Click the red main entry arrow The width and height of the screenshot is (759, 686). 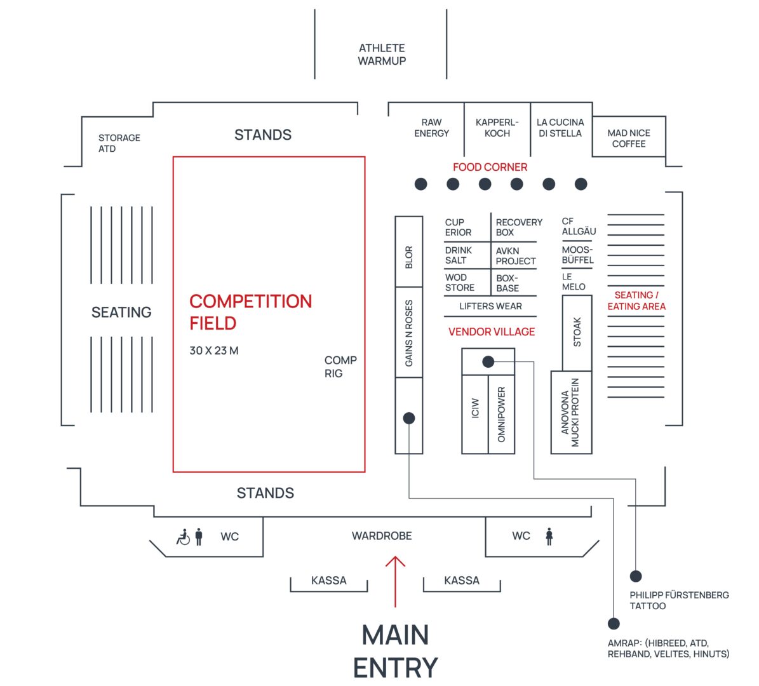click(395, 581)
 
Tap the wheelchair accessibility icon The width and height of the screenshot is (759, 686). click(183, 537)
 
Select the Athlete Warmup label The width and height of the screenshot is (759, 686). click(382, 55)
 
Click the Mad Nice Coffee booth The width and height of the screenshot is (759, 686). click(628, 138)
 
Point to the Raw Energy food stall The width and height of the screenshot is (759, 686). click(431, 128)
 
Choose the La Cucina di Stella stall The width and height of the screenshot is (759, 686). click(560, 128)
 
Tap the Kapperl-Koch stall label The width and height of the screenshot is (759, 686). click(497, 128)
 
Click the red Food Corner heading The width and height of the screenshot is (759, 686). click(490, 167)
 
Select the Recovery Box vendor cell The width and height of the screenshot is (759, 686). click(518, 227)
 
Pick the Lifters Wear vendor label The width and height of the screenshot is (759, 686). click(490, 306)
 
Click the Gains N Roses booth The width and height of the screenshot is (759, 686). click(409, 333)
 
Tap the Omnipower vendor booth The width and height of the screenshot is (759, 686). click(501, 414)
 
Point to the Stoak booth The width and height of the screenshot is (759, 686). click(577, 332)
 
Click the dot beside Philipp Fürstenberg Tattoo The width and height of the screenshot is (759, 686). click(636, 576)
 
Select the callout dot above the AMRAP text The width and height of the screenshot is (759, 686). click(614, 623)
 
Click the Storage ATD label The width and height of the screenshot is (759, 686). click(119, 143)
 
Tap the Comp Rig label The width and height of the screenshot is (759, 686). click(340, 367)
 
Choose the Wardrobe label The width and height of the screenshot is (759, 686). click(382, 536)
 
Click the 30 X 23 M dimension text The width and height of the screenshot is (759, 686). click(214, 351)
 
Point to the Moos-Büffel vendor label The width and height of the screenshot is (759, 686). click(577, 255)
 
